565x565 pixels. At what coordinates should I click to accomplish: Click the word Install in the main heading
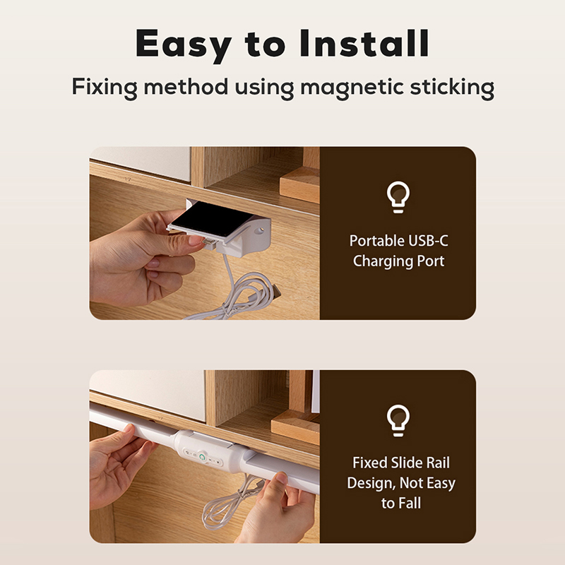pos(364,43)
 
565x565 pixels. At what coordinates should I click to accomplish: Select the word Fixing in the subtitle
pos(105,88)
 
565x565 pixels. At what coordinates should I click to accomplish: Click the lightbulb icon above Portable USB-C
pos(398,197)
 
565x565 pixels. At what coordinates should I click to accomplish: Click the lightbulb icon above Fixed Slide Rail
pos(398,420)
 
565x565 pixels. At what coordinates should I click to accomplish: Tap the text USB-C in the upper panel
pos(428,241)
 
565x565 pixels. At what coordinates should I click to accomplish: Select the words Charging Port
pos(398,261)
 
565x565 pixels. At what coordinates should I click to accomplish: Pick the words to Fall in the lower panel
pos(401,504)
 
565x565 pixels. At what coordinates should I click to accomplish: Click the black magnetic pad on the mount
pos(213,218)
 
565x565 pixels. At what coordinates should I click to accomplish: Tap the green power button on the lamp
pos(203,457)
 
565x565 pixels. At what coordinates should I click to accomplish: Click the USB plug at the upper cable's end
pos(275,292)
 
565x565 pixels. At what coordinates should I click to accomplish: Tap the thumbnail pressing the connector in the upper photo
pos(196,240)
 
